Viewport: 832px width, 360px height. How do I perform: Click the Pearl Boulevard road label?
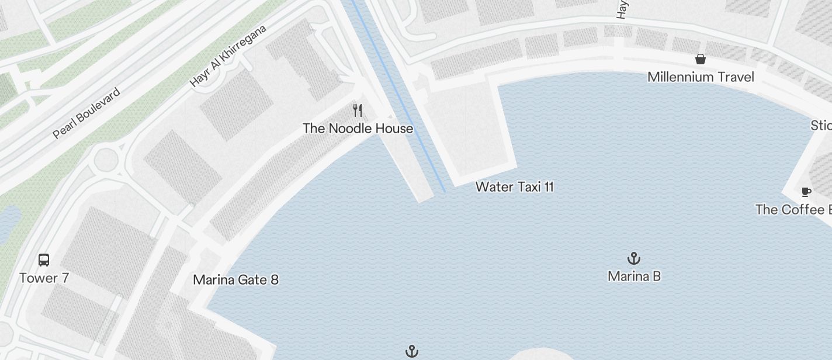86,113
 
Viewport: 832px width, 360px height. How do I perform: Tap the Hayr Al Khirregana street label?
228,56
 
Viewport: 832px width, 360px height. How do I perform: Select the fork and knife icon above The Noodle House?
358,110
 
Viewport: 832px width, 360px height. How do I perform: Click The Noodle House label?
358,129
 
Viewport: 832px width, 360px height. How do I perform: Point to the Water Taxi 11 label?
514,187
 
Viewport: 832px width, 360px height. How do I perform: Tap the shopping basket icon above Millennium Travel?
701,59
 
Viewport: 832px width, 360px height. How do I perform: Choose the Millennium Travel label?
701,77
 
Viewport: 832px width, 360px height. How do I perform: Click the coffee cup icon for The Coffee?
806,192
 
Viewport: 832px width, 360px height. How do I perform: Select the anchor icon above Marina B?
634,258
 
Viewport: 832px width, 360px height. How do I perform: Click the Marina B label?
634,276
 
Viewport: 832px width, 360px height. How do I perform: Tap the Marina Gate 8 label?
235,280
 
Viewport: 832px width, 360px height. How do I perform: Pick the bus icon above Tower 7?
44,259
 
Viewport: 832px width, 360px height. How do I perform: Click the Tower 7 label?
44,278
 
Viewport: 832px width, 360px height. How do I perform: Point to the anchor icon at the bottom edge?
412,351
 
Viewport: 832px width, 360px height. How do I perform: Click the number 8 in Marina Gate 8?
274,280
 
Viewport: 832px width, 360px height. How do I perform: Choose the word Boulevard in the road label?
98,105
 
